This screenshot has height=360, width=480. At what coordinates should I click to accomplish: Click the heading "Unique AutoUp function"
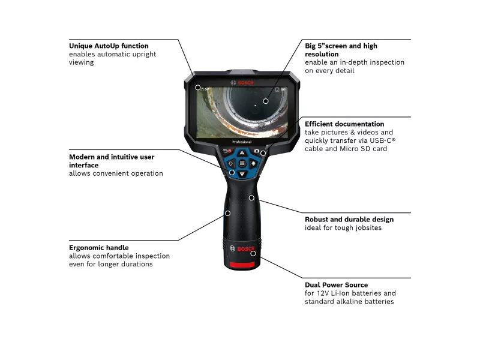click(x=109, y=46)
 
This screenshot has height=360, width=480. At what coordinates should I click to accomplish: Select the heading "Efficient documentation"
click(x=344, y=124)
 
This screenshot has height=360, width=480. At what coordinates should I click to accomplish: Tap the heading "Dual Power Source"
click(x=337, y=285)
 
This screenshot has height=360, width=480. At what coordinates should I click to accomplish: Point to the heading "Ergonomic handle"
click(x=99, y=248)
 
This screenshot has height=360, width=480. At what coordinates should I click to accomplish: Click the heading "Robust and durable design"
click(x=349, y=220)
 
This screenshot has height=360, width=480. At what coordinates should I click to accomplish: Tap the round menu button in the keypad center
click(x=242, y=163)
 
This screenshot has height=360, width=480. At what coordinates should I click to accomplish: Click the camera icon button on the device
click(x=257, y=151)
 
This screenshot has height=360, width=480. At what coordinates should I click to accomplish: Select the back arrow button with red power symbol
click(x=227, y=151)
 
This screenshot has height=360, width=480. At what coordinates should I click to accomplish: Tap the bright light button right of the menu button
click(x=253, y=163)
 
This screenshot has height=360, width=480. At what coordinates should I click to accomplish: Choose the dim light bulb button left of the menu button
click(x=230, y=163)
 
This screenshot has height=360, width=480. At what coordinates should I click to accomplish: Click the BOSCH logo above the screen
click(x=242, y=83)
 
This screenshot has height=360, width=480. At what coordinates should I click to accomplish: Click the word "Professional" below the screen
click(x=242, y=142)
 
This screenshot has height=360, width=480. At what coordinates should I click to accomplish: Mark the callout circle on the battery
click(x=253, y=253)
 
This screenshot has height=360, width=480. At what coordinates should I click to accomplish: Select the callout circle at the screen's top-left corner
click(x=198, y=88)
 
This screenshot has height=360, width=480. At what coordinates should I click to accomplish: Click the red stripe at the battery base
click(x=242, y=265)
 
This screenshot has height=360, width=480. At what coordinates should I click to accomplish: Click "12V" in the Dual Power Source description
click(x=323, y=293)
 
